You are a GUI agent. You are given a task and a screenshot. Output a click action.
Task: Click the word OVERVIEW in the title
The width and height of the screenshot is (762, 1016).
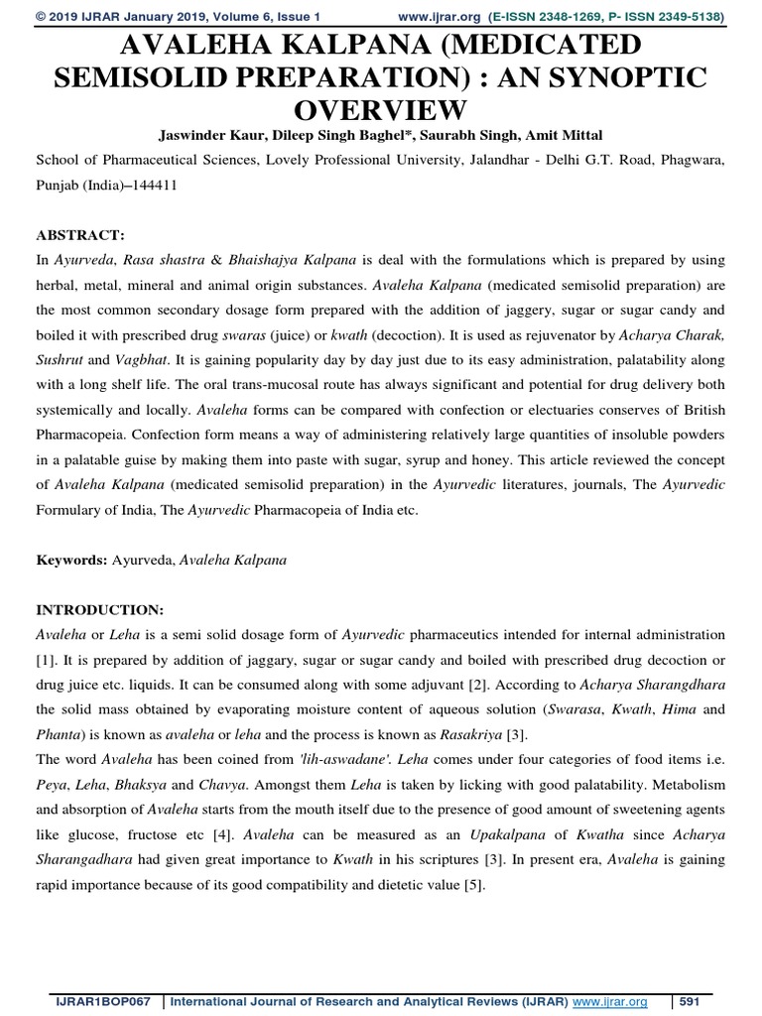coord(380,106)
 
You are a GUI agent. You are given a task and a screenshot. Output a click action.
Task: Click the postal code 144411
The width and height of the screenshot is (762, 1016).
coord(152,185)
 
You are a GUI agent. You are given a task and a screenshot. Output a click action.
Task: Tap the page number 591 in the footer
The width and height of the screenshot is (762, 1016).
coord(691,1003)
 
